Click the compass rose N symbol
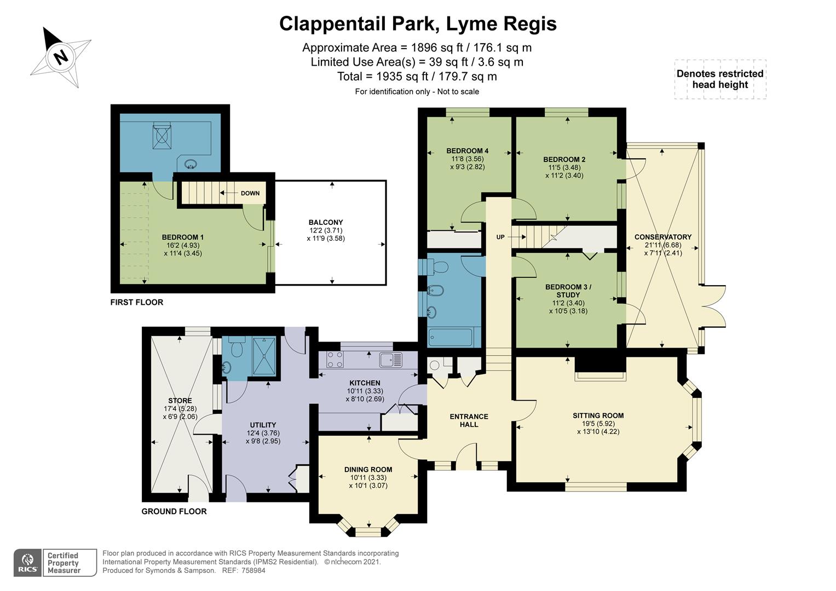click(61, 56)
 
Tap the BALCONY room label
click(325, 222)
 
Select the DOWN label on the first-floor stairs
click(250, 193)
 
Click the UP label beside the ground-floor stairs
click(500, 237)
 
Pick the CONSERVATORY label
click(662, 237)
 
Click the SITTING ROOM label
click(598, 415)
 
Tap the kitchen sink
click(390, 360)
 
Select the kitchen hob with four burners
click(335, 360)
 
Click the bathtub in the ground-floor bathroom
click(450, 337)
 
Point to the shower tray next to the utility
click(264, 356)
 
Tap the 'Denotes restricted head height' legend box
click(719, 79)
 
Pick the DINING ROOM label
click(368, 470)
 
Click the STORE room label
click(180, 401)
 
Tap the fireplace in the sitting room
click(599, 372)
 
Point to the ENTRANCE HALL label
click(469, 420)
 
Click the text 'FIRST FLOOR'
click(136, 302)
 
